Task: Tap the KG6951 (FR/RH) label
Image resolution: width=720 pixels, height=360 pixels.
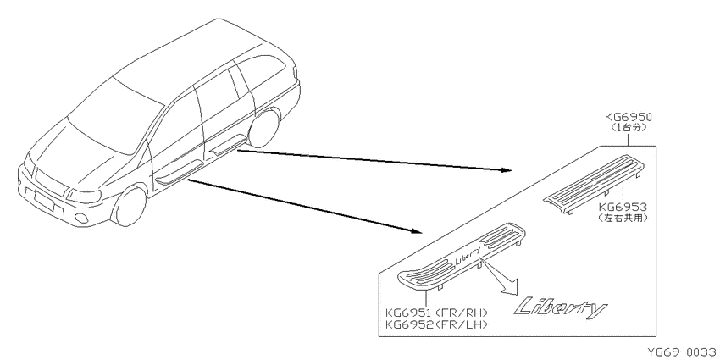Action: (x=436, y=313)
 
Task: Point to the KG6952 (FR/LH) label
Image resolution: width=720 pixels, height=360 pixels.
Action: (x=436, y=324)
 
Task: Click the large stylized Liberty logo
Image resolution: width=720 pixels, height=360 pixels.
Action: (x=560, y=308)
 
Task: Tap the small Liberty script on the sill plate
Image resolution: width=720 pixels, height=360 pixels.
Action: (x=468, y=255)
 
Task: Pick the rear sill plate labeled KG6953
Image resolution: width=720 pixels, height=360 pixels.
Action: (x=593, y=184)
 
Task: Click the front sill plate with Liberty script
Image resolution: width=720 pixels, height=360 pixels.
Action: (x=461, y=256)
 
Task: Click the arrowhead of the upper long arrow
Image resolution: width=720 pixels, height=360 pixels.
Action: (x=507, y=170)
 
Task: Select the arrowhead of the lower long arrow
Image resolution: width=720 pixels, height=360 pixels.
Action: (x=416, y=230)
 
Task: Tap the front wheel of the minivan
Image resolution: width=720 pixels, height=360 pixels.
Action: (x=130, y=206)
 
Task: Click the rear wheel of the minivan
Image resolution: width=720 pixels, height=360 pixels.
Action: (x=264, y=127)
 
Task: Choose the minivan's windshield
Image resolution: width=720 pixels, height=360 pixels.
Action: (x=115, y=115)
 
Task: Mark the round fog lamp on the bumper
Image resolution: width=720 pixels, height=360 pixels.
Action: (x=81, y=218)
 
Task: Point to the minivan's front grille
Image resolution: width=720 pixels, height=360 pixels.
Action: (x=51, y=182)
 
